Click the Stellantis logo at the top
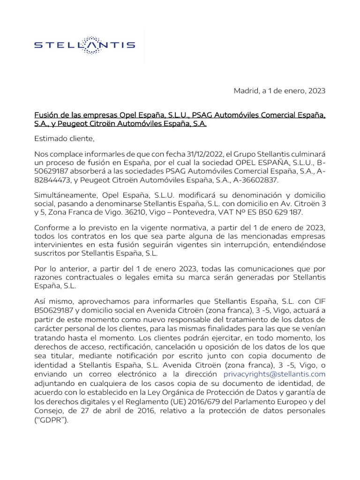[85, 45]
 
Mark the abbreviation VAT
[226, 212]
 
